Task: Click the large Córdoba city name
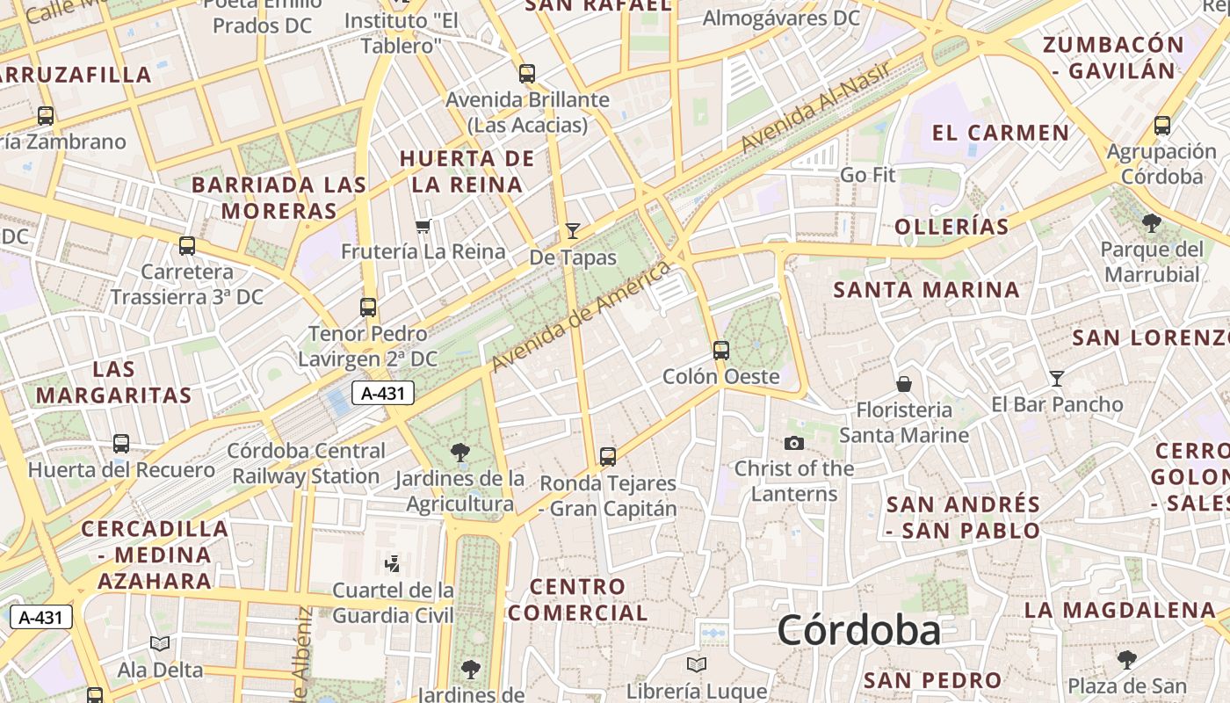click(858, 630)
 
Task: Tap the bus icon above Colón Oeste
click(721, 351)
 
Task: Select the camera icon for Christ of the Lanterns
click(794, 443)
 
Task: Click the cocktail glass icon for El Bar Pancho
click(1057, 379)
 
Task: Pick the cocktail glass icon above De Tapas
click(573, 231)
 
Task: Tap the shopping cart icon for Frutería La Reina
click(423, 227)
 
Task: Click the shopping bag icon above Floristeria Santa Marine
click(903, 384)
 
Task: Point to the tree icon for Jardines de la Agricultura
click(459, 453)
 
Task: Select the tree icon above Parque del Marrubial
click(1152, 223)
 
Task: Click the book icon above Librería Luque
click(697, 665)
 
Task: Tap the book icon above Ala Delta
click(160, 644)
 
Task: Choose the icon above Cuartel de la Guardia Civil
click(393, 563)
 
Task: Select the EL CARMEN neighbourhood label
click(1001, 134)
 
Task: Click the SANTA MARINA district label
click(926, 290)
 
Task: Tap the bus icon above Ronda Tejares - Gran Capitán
click(608, 457)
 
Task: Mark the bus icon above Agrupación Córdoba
click(1162, 126)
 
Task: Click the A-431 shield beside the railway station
click(383, 393)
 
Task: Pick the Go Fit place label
click(867, 175)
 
